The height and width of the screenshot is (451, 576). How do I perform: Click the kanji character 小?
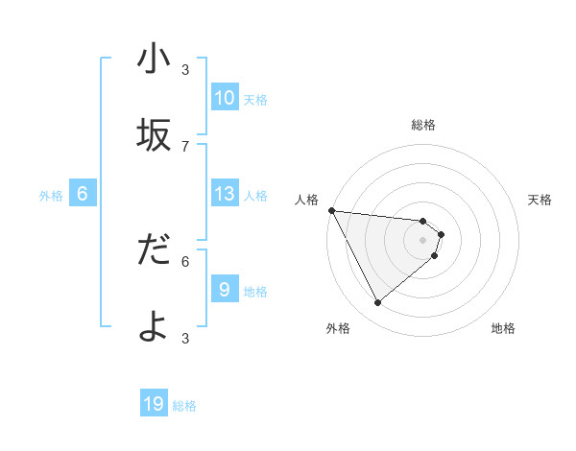[x=154, y=60]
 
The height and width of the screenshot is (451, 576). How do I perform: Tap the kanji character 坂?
[x=154, y=136]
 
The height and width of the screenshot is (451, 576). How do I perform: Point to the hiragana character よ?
[x=154, y=327]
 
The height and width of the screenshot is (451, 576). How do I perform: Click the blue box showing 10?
[x=224, y=98]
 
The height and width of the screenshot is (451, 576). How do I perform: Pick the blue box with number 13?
[x=224, y=194]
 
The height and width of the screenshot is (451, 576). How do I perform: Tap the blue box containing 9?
[x=224, y=290]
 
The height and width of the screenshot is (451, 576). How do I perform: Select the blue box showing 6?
[x=83, y=194]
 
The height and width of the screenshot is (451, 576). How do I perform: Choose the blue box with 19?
[x=154, y=404]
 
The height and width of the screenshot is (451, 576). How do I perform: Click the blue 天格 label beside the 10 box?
[x=255, y=100]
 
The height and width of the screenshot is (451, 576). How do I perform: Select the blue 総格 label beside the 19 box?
[x=184, y=406]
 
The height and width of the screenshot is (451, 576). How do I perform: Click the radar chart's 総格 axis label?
[x=423, y=125]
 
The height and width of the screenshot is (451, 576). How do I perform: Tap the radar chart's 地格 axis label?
[x=503, y=328]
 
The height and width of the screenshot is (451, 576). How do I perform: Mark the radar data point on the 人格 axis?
[x=330, y=210]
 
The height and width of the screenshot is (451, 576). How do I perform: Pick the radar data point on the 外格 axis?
[x=377, y=302]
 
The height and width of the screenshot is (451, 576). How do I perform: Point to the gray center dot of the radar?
[x=423, y=240]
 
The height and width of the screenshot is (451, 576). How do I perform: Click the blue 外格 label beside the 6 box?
[x=51, y=196]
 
